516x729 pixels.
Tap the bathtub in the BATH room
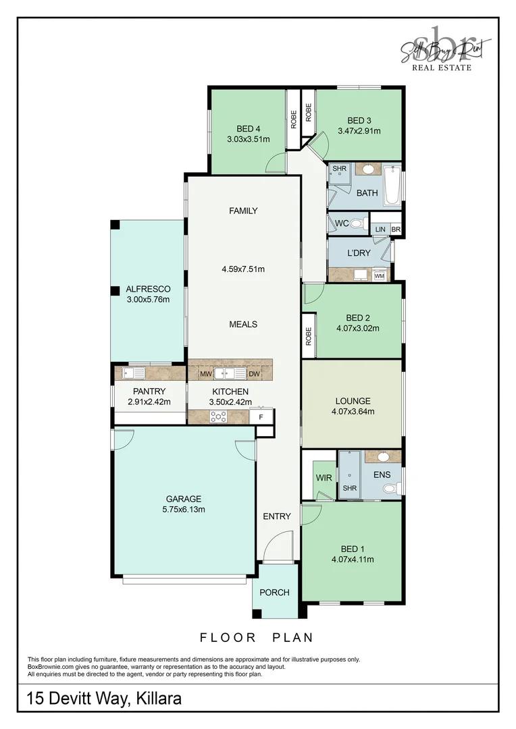392,186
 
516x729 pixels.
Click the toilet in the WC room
356,223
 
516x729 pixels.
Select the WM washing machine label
379,275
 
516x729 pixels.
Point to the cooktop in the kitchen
217,417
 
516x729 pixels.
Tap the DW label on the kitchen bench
254,373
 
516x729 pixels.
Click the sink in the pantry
134,373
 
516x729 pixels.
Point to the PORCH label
274,593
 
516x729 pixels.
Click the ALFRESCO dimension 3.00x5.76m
147,300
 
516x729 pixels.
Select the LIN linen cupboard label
380,230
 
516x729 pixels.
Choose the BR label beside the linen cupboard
396,230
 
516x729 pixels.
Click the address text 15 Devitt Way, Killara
104,698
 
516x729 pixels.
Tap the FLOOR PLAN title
257,637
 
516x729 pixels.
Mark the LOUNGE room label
353,401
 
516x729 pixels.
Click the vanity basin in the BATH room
369,169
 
